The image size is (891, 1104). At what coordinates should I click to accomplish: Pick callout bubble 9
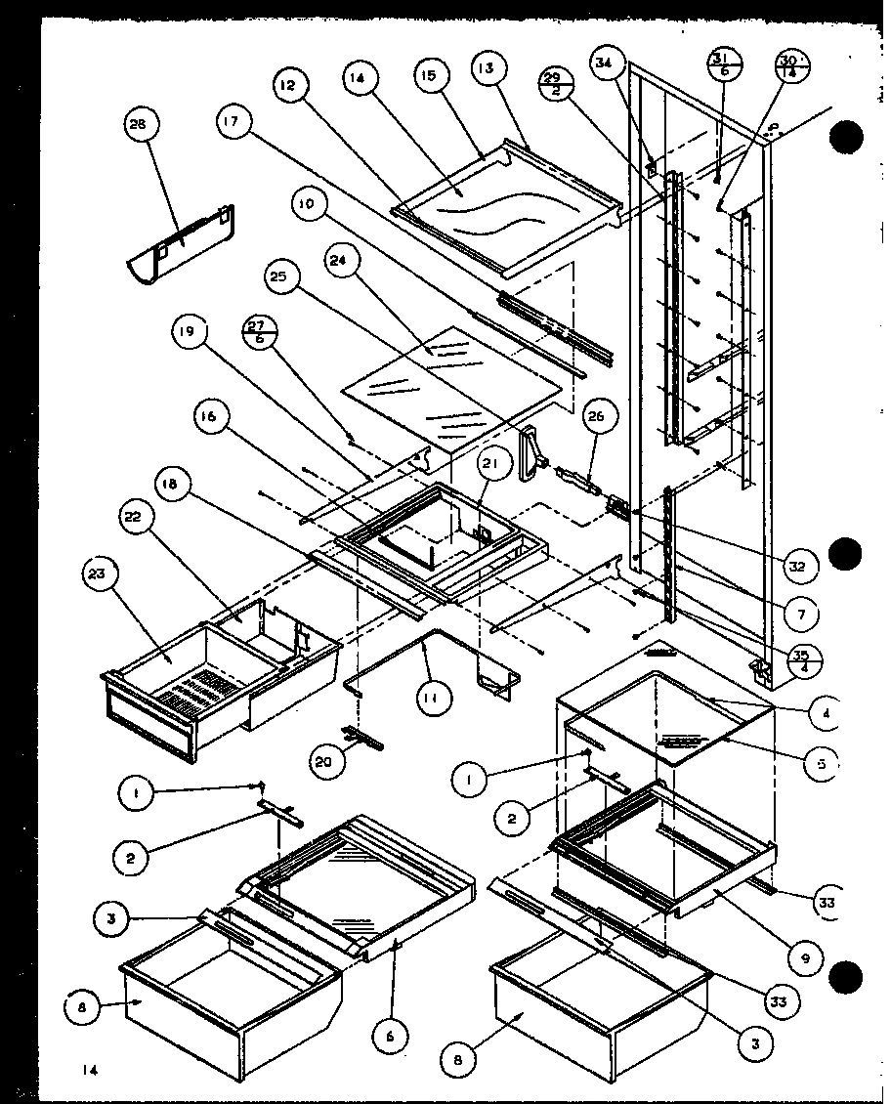pos(805,958)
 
